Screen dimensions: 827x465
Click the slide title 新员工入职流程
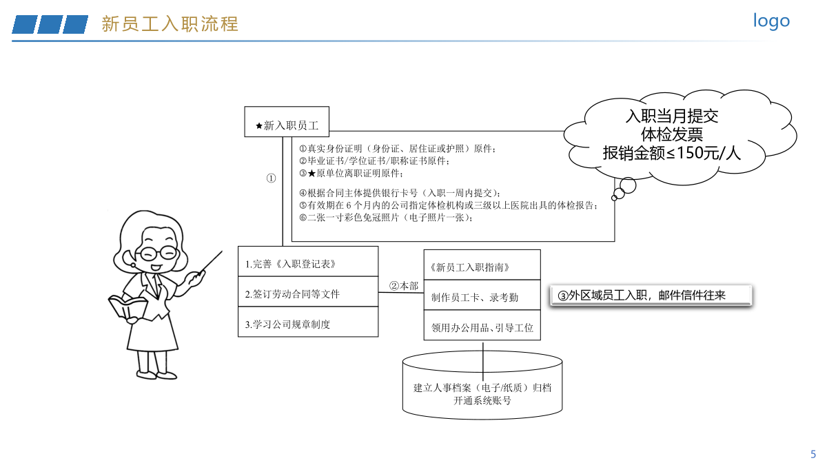(170, 24)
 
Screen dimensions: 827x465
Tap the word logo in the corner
(771, 21)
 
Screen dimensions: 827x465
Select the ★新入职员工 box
(287, 122)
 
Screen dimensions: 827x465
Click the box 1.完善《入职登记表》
(308, 261)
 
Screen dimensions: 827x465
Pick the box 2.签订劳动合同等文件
(308, 291)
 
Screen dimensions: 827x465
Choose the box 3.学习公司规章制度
(308, 322)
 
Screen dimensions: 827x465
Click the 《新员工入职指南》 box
(482, 265)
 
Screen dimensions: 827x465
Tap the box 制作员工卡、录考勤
(482, 295)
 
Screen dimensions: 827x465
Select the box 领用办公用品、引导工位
(482, 325)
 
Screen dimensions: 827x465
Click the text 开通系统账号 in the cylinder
(482, 400)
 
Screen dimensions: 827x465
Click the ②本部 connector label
(404, 286)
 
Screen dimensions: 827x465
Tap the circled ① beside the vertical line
(271, 178)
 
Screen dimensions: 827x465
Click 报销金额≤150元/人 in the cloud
(671, 153)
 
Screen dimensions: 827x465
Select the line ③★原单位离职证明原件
(351, 173)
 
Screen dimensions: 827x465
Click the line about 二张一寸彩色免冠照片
(385, 218)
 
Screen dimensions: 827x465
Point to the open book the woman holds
(127, 307)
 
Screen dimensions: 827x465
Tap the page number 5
(813, 454)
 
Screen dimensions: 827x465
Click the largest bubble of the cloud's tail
(628, 185)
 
